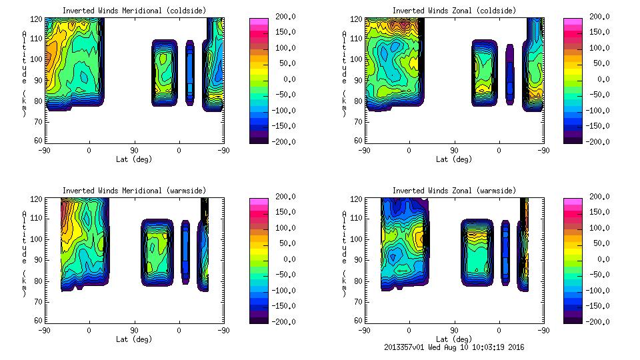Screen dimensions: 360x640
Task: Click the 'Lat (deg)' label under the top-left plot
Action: tap(134, 159)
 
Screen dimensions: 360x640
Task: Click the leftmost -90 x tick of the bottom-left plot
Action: tap(45, 330)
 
